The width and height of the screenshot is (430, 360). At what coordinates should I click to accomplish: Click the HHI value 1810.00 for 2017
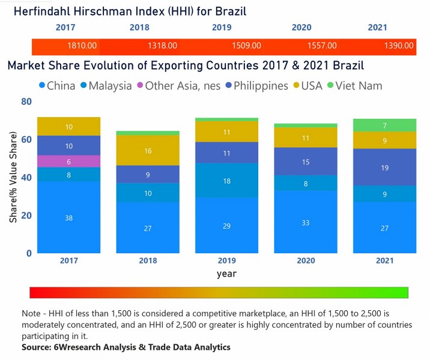(83, 46)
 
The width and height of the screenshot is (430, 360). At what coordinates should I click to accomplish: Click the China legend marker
(43, 86)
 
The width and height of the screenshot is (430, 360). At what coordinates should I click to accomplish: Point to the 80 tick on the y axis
(26, 102)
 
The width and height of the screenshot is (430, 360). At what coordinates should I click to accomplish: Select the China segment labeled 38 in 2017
(69, 218)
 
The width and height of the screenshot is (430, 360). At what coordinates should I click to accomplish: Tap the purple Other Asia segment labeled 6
(69, 161)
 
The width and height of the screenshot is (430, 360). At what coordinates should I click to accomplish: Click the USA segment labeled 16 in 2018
(148, 151)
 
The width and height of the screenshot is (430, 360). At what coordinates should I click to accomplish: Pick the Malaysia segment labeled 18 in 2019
(227, 181)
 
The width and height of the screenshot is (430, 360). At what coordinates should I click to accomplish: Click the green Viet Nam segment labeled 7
(384, 125)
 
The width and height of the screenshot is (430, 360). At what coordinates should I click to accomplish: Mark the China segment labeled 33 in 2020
(306, 222)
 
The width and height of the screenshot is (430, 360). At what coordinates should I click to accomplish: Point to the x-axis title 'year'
(226, 274)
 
